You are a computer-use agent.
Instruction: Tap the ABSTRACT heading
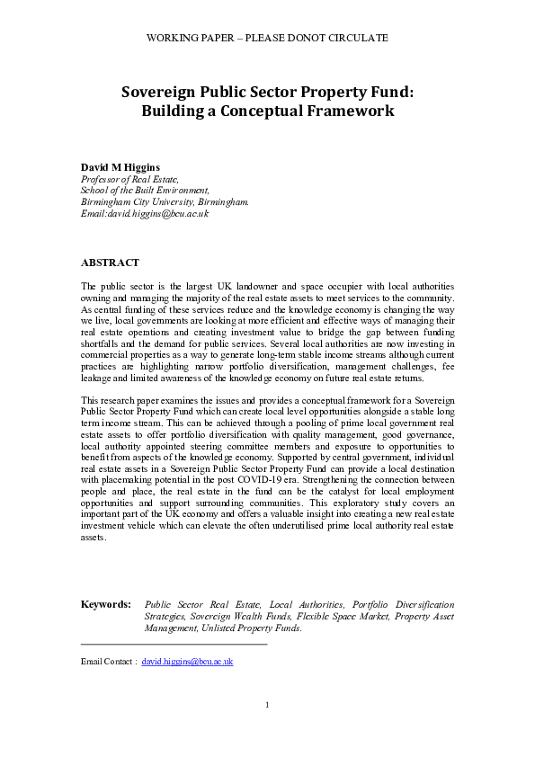pyautogui.click(x=110, y=263)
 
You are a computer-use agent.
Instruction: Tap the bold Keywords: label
pyautogui.click(x=105, y=605)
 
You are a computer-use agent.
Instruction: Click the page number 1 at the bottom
pyautogui.click(x=267, y=704)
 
